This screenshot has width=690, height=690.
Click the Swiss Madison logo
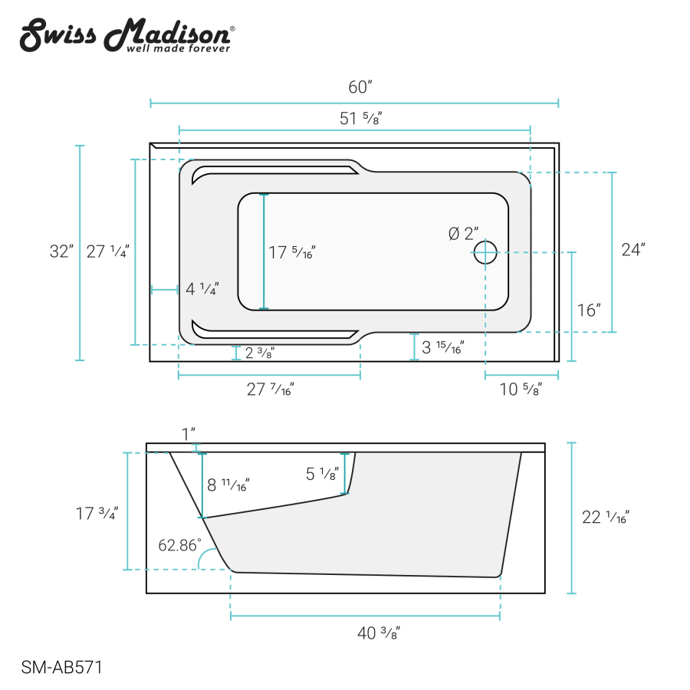click(127, 35)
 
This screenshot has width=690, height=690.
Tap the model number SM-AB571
click(61, 667)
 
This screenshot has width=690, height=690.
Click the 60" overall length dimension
click(360, 87)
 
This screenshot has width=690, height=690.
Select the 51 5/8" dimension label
click(360, 118)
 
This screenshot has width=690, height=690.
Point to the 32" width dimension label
click(61, 251)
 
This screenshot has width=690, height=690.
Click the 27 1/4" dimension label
click(108, 251)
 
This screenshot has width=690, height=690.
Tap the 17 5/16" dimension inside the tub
click(292, 252)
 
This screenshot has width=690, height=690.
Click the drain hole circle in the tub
click(485, 252)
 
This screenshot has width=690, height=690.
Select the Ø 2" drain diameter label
click(463, 233)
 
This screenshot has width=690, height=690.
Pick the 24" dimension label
click(633, 249)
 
